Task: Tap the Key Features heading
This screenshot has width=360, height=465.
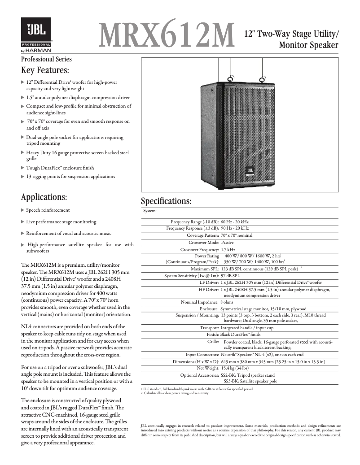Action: click(x=45, y=70)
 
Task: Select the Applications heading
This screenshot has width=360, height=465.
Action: click(x=44, y=197)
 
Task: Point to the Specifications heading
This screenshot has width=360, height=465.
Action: click(x=166, y=201)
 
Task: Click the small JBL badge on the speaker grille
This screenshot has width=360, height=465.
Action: click(x=250, y=170)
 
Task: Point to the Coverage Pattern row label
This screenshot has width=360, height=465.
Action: click(x=202, y=235)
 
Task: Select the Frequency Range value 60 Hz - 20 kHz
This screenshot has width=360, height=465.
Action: click(x=235, y=222)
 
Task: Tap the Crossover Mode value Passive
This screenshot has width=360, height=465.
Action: click(x=228, y=242)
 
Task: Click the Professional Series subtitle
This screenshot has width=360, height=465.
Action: click(x=46, y=59)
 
